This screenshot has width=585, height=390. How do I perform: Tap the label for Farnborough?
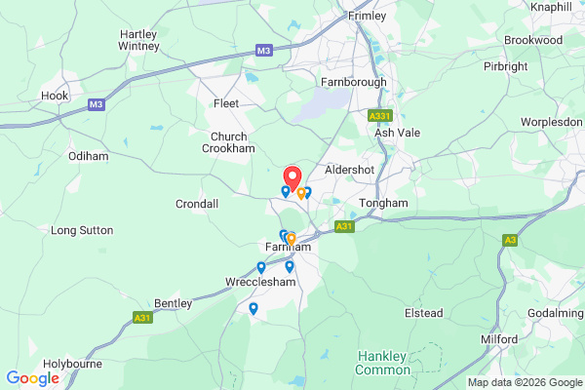click(x=355, y=82)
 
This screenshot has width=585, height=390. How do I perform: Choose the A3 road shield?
click(x=510, y=239)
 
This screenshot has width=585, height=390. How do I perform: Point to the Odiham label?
click(x=87, y=156)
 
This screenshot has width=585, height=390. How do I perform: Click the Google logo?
click(x=32, y=378)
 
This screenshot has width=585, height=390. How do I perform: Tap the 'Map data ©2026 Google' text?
click(x=523, y=382)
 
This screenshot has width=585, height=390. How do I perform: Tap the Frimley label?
click(x=368, y=17)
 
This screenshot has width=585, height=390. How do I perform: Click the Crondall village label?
click(x=197, y=203)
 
